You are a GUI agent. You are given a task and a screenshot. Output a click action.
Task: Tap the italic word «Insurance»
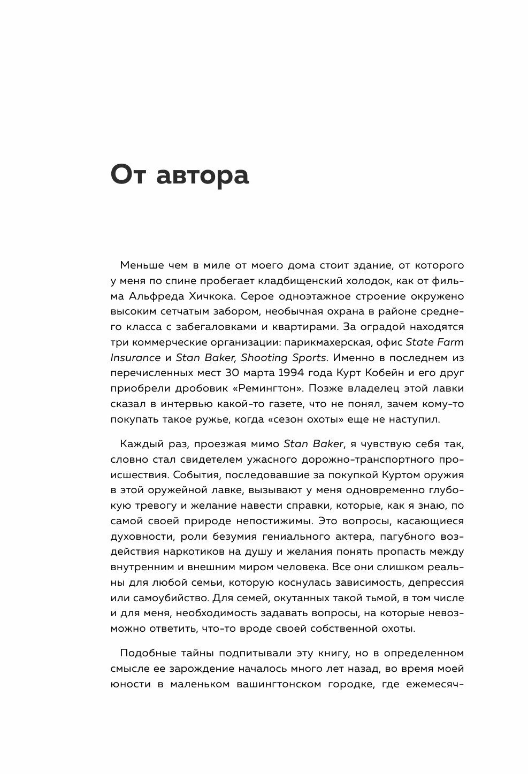[x=135, y=357]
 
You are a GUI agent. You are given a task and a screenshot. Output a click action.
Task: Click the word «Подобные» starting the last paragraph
[x=145, y=653]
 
